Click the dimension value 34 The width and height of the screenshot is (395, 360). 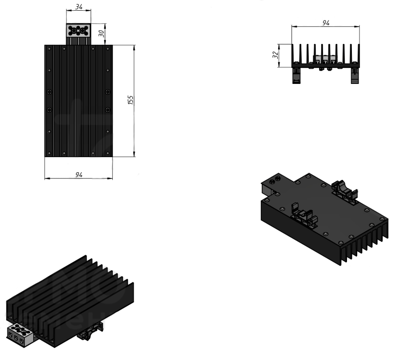(79, 7)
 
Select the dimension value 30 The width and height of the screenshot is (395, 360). (101, 33)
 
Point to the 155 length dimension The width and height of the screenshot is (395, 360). (131, 100)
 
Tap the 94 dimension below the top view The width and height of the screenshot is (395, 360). (79, 174)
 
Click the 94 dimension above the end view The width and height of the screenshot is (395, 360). (326, 23)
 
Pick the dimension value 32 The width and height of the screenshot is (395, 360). (275, 55)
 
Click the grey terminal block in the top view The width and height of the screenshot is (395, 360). (78, 31)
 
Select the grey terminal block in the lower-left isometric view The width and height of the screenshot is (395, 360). (20, 334)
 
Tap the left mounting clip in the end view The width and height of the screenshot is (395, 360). (296, 75)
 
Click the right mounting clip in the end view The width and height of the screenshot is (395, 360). (355, 75)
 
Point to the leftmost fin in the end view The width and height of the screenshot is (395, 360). (293, 54)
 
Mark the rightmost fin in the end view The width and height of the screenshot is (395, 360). (359, 54)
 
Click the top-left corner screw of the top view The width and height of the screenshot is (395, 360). (49, 48)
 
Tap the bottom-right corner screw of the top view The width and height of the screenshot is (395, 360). (108, 153)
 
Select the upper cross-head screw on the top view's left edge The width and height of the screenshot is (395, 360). (50, 92)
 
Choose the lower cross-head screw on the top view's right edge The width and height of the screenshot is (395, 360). (108, 110)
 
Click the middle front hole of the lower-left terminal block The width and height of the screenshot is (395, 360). (16, 338)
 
